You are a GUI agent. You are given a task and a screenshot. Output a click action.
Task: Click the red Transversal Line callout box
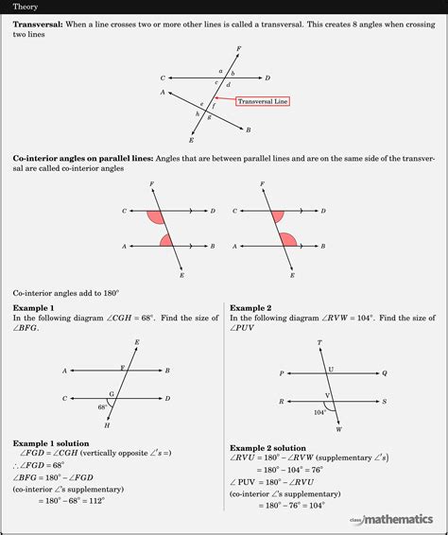(264, 101)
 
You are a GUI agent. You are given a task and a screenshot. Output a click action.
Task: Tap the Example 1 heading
(33, 308)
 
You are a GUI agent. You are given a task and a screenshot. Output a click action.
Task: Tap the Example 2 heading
(250, 308)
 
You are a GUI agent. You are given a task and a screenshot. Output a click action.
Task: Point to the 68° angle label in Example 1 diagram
(103, 406)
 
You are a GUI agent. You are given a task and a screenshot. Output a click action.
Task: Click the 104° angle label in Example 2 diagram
(319, 412)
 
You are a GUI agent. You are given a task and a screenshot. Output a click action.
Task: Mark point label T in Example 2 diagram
(319, 342)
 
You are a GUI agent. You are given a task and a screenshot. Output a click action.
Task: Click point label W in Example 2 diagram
(338, 427)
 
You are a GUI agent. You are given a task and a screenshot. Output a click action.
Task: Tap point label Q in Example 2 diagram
(385, 374)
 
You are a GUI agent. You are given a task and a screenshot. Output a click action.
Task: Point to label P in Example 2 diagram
(282, 374)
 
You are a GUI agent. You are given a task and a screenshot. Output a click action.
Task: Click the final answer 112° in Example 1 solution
(93, 501)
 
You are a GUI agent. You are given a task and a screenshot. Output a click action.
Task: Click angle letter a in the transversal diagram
(220, 71)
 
